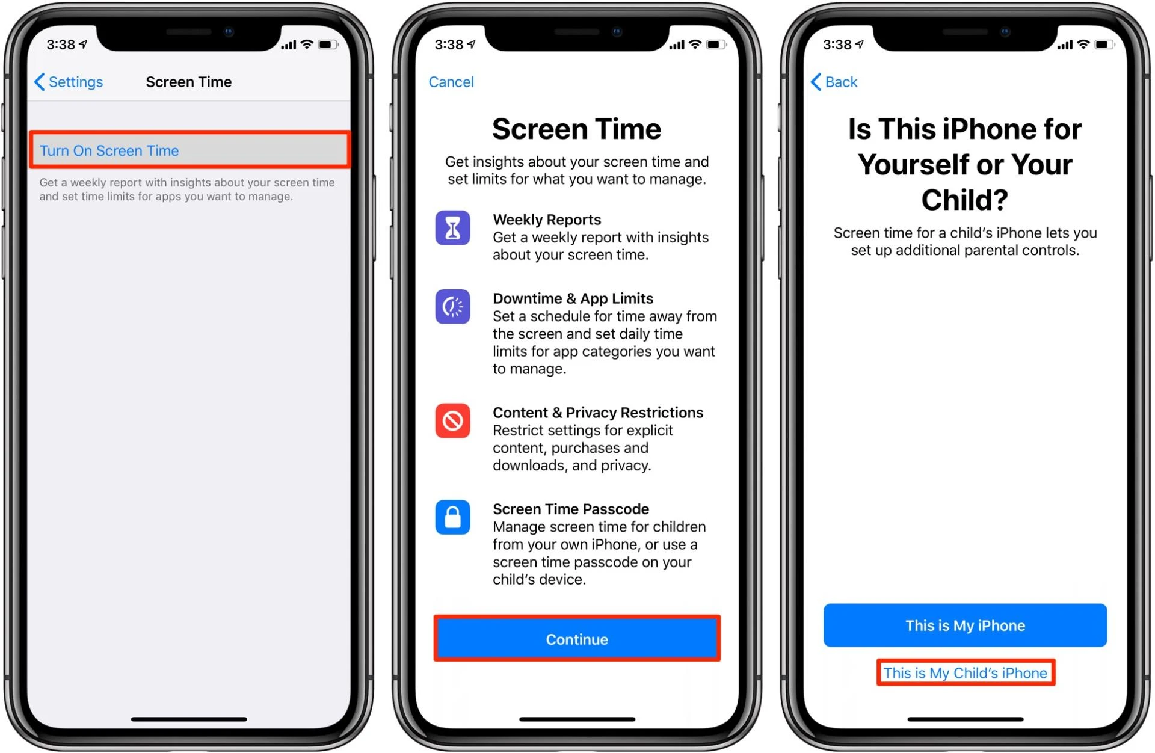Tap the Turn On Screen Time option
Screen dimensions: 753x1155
pyautogui.click(x=109, y=150)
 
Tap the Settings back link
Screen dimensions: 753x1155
pyautogui.click(x=69, y=82)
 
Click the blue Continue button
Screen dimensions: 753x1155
pyautogui.click(x=576, y=639)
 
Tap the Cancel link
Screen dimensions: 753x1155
pyautogui.click(x=451, y=82)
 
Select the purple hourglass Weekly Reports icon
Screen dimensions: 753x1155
pyautogui.click(x=452, y=228)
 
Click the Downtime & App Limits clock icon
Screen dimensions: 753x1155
pyautogui.click(x=452, y=307)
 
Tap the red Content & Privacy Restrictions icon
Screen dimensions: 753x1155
pyautogui.click(x=452, y=421)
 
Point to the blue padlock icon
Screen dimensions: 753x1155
pyautogui.click(x=452, y=517)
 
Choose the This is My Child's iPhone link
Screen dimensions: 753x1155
pyautogui.click(x=965, y=672)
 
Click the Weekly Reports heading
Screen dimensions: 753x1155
pyautogui.click(x=546, y=220)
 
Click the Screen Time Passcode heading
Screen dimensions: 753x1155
pyautogui.click(x=570, y=509)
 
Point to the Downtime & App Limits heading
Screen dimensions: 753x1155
pyautogui.click(x=573, y=298)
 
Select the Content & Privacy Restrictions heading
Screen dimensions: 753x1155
pyautogui.click(x=597, y=413)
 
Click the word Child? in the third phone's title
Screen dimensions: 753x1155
pyautogui.click(x=964, y=200)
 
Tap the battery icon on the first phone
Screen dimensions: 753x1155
pyautogui.click(x=327, y=45)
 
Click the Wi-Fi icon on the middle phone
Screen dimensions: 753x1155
pyautogui.click(x=695, y=44)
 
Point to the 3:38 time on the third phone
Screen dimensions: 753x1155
pyautogui.click(x=837, y=45)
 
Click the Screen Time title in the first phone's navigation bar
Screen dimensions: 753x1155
pyautogui.click(x=188, y=82)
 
